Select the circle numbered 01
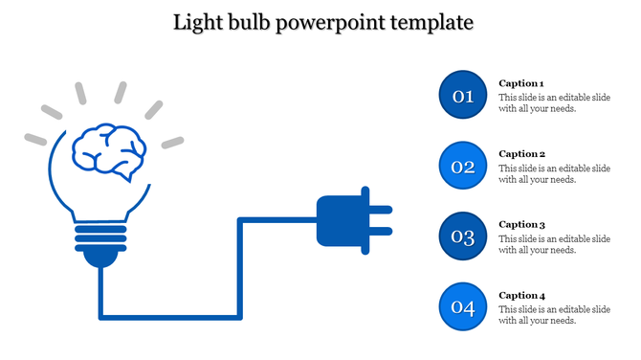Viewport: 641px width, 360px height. click(463, 95)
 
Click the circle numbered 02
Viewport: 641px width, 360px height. click(463, 167)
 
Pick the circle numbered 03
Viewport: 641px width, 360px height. click(463, 236)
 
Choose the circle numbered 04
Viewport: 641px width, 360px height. click(463, 307)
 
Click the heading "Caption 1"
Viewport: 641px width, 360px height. click(521, 83)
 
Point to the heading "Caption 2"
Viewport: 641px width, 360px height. click(521, 154)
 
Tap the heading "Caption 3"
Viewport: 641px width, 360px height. click(521, 224)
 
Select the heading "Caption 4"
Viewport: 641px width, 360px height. click(521, 295)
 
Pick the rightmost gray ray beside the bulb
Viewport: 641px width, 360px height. click(172, 143)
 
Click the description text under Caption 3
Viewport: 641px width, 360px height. click(554, 244)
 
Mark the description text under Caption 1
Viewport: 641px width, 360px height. click(554, 103)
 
